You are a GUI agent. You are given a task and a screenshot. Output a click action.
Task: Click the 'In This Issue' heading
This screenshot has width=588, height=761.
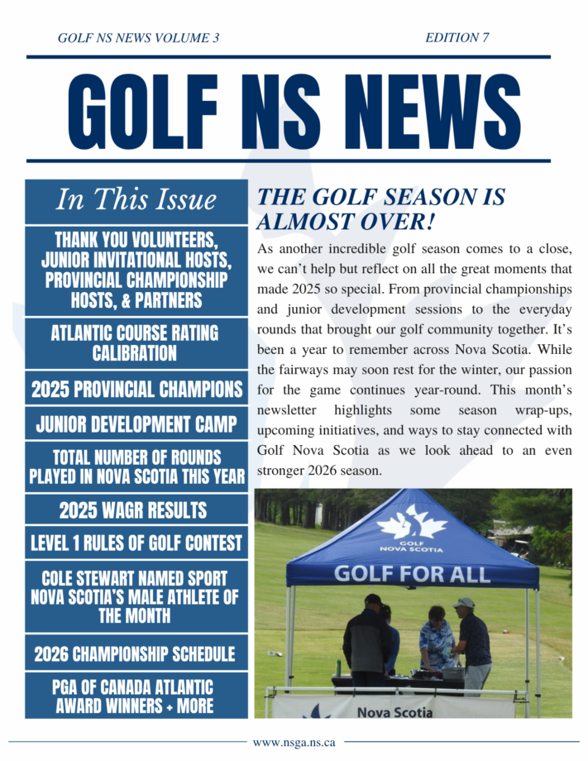click(136, 200)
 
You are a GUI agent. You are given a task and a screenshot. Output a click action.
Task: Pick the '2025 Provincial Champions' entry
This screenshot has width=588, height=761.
click(136, 389)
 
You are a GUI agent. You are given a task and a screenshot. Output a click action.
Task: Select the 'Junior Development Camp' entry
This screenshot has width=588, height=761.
click(136, 425)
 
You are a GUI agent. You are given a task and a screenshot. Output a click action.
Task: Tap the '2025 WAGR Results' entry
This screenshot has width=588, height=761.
click(136, 510)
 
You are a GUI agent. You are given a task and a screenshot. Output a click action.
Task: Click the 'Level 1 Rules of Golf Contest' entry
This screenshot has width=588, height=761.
click(136, 543)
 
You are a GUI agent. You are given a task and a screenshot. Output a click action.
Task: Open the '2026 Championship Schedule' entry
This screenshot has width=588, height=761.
click(136, 654)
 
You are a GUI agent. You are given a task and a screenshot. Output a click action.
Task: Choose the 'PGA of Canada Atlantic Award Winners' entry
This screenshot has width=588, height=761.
click(136, 696)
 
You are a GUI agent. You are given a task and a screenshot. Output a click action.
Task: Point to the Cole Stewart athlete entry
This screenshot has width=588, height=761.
click(136, 596)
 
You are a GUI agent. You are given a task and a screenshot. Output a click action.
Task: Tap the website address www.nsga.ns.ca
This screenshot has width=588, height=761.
click(294, 743)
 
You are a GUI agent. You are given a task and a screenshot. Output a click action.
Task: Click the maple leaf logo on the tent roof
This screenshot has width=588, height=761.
click(412, 525)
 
